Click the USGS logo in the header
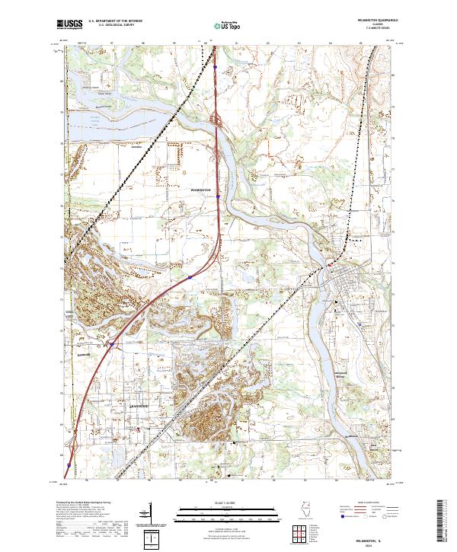[x=69, y=24]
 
